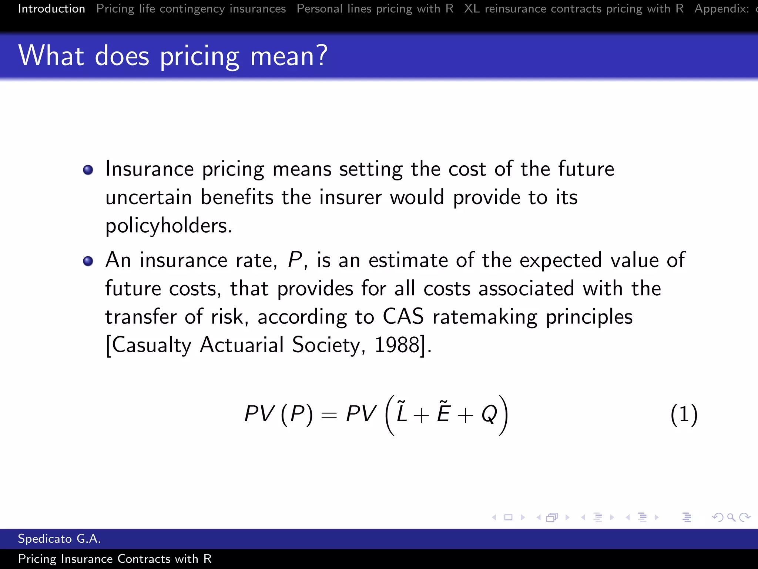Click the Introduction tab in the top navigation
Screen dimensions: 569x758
click(51, 9)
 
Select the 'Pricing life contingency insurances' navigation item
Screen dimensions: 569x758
click(191, 9)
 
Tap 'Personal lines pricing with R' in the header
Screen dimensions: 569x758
click(375, 9)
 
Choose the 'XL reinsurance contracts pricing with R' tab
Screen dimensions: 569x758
click(574, 9)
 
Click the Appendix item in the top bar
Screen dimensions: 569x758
click(722, 9)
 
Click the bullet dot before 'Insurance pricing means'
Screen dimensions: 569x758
click(88, 170)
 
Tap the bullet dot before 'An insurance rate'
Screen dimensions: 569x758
click(88, 261)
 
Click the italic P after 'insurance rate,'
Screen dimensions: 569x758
click(295, 260)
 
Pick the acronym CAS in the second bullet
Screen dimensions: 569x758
click(403, 317)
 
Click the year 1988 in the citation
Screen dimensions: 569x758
click(397, 345)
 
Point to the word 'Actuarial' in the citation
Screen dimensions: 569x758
click(242, 345)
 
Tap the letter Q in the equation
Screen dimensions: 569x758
click(489, 414)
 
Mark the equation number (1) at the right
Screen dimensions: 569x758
click(684, 414)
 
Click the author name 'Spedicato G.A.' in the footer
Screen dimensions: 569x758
click(59, 539)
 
